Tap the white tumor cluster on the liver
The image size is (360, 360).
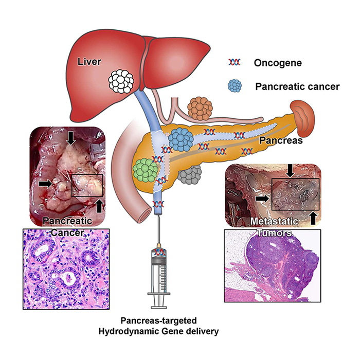(x=122, y=81)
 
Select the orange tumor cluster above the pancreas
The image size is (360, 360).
(x=200, y=107)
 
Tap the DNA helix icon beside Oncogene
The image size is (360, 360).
(x=234, y=63)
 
